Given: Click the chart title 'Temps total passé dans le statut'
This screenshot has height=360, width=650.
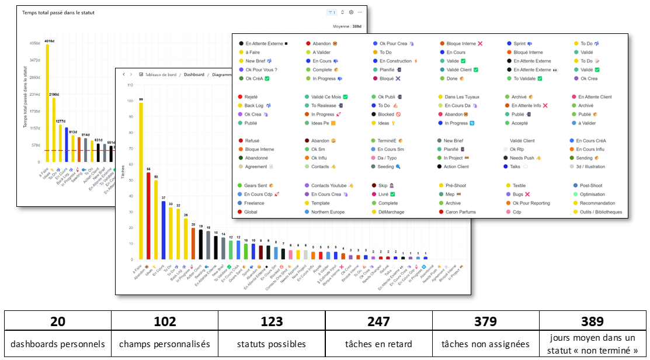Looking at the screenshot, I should (58, 12).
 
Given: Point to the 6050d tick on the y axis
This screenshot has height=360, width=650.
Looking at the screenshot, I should (34, 43).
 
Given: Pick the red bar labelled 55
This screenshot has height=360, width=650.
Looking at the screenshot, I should (148, 216).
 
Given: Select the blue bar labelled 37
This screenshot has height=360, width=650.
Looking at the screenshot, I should (164, 230).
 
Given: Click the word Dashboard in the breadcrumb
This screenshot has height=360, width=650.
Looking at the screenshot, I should (194, 75).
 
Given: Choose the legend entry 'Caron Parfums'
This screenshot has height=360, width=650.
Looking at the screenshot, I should (461, 212).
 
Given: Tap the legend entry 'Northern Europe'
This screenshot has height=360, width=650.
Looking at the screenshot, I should (328, 212).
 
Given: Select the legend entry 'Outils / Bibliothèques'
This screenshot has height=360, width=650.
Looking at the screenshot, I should (601, 212).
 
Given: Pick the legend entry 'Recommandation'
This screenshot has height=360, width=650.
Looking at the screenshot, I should (597, 203).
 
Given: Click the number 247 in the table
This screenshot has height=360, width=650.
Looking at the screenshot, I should (378, 321).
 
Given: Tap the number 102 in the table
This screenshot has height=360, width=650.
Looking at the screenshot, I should (165, 321).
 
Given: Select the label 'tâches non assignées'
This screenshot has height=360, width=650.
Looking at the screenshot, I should (485, 344).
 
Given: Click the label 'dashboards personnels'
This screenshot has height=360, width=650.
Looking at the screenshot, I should (58, 344).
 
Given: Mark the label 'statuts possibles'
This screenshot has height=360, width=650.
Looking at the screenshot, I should (272, 344).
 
